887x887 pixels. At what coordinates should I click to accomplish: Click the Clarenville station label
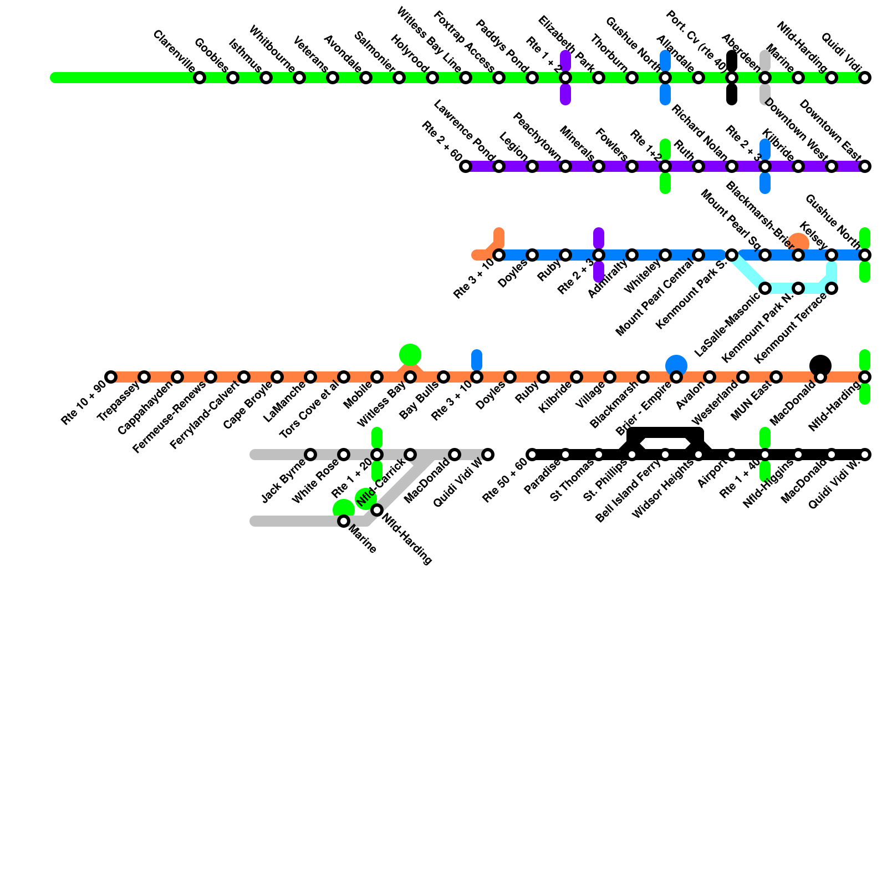pos(174,51)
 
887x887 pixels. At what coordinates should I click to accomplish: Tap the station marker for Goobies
pos(233,78)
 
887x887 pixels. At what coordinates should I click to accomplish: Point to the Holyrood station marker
pos(432,78)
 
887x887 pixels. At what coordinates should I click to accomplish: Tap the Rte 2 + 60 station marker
pos(466,166)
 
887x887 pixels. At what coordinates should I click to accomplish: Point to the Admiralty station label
pos(608,279)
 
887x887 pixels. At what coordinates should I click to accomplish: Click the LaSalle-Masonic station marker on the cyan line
pos(765,288)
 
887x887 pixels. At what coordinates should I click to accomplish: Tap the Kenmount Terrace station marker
pos(832,288)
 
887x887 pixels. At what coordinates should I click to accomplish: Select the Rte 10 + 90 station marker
pos(111,377)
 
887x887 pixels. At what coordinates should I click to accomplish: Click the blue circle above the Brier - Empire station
pos(676,365)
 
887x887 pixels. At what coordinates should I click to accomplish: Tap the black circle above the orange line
pos(820,365)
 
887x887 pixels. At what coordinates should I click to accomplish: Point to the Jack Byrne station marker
pos(310,455)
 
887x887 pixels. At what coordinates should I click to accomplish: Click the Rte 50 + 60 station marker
pos(532,455)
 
